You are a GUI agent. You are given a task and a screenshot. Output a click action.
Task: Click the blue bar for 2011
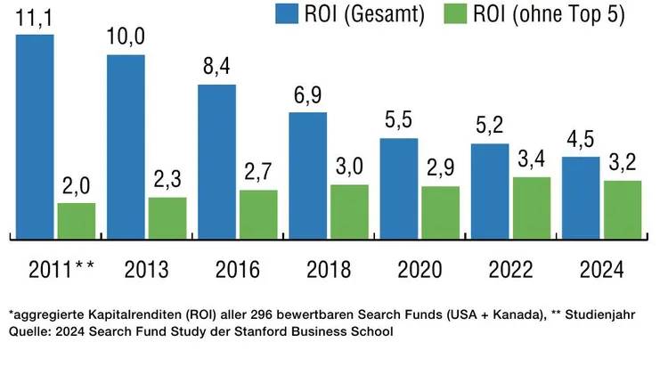35,136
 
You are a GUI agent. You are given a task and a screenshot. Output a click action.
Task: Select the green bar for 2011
76,220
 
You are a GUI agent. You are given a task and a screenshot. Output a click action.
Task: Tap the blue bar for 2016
216,161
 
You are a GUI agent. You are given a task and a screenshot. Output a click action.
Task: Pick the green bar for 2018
349,211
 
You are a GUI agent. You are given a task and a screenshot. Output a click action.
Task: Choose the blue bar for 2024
581,197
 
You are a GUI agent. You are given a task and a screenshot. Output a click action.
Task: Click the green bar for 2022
531,208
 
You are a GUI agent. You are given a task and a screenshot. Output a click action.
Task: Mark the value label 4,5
581,141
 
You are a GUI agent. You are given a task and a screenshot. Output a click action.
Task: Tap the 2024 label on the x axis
601,269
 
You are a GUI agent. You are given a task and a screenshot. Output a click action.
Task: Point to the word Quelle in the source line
29,332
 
